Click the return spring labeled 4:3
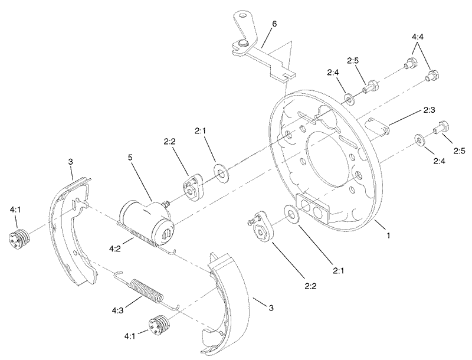click(x=144, y=290)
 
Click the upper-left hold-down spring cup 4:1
click(x=19, y=240)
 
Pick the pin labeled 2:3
click(x=374, y=126)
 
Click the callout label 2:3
click(x=429, y=110)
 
